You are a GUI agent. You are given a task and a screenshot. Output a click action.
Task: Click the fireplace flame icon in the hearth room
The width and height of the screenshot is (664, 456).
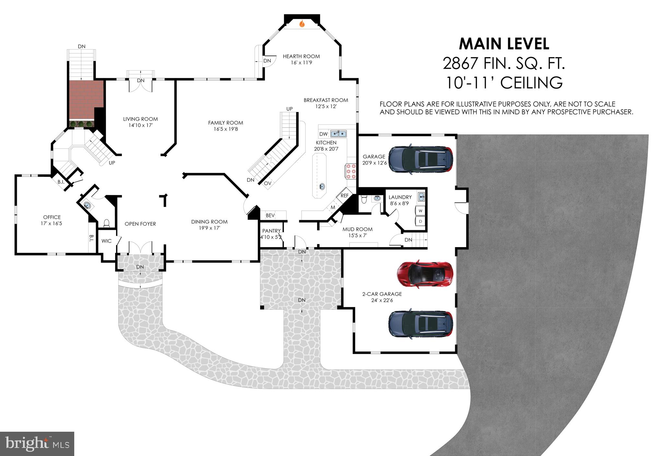coord(302,24)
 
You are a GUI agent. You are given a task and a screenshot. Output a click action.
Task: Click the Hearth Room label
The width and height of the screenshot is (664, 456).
coord(301,56)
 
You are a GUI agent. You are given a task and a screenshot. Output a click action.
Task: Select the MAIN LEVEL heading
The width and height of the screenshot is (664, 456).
coord(504,44)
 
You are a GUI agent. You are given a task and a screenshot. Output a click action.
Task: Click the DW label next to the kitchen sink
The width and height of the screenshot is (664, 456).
coord(323,134)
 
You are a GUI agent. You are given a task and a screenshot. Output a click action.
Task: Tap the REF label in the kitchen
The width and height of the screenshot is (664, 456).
coord(344,196)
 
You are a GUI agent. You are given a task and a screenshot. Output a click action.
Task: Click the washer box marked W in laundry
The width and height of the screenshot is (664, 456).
coord(421,211)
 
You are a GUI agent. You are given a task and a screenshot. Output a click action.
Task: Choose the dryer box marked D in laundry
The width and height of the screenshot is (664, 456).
coord(421,222)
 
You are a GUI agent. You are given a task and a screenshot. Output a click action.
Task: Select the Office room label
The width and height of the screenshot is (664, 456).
coord(52,217)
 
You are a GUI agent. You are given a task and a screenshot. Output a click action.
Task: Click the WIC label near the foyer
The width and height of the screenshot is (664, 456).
coord(106,241)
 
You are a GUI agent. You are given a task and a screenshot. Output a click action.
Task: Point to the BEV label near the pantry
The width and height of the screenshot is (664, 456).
coord(270,215)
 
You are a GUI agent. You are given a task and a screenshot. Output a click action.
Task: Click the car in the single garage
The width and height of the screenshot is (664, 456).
coord(421,159)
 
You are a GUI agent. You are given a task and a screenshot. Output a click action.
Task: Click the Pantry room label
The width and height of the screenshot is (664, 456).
coord(271,231)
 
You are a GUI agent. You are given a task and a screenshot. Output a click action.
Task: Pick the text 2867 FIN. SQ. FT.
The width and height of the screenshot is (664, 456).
coord(504,63)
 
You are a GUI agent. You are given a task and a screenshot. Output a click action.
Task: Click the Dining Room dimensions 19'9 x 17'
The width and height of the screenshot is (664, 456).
coord(209,228)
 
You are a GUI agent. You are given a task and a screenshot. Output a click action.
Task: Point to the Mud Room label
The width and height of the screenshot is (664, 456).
coord(357,229)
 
